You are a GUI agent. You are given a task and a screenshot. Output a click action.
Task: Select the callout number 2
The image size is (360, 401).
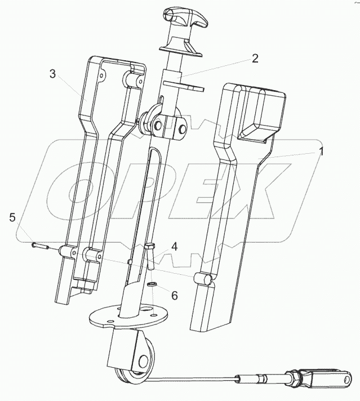pyautogui.click(x=255, y=58)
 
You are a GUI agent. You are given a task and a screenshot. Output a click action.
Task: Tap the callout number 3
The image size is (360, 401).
pyautogui.click(x=52, y=73)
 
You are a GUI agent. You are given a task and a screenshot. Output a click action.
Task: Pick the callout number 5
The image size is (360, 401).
pyautogui.click(x=12, y=217)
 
